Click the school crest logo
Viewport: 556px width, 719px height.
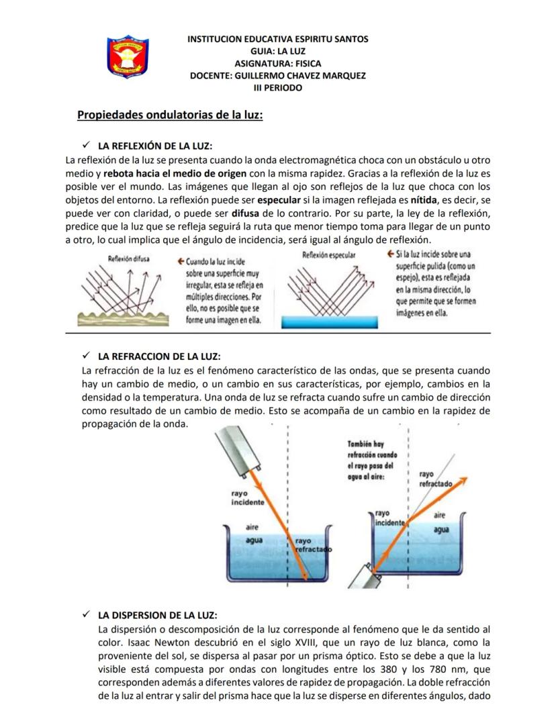pos(128,57)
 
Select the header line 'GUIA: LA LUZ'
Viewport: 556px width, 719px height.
pos(277,51)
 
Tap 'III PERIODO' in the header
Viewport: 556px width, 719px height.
pos(277,87)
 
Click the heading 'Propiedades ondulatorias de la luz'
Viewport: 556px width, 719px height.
pos(169,115)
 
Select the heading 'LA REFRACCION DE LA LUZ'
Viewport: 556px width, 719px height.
pos(159,356)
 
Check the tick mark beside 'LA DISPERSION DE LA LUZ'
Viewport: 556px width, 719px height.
pos(85,615)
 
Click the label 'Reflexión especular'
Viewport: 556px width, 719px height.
pos(329,255)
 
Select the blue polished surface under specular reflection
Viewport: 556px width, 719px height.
pos(329,322)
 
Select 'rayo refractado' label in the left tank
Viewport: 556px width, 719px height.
pos(310,544)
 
